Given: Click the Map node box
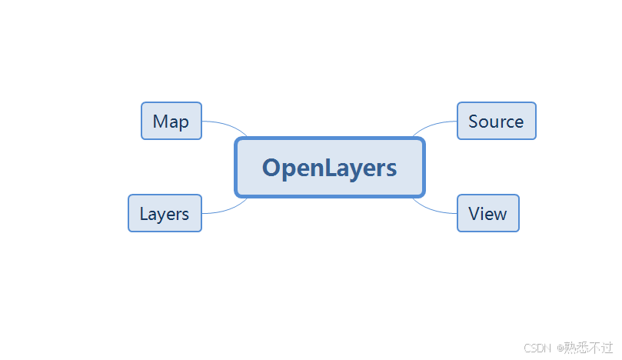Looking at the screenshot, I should click(171, 121).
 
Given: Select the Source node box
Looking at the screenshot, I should click(496, 121).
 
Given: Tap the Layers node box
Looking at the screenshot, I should click(164, 213).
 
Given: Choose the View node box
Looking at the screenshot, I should click(487, 213).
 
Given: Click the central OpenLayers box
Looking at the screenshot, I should click(329, 168).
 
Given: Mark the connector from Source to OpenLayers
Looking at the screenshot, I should click(433, 125).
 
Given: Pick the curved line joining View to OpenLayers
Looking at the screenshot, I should click(433, 208).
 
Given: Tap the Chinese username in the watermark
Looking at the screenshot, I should click(589, 348).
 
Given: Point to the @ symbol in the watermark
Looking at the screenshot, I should click(560, 348).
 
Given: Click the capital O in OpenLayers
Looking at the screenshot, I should click(271, 168).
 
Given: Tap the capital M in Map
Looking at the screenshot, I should click(160, 122).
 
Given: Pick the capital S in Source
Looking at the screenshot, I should click(474, 122).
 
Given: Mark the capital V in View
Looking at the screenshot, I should click(474, 214).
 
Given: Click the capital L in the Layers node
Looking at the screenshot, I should click(144, 214).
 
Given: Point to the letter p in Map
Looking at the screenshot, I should click(183, 123).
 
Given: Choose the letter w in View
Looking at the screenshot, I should click(500, 215).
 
